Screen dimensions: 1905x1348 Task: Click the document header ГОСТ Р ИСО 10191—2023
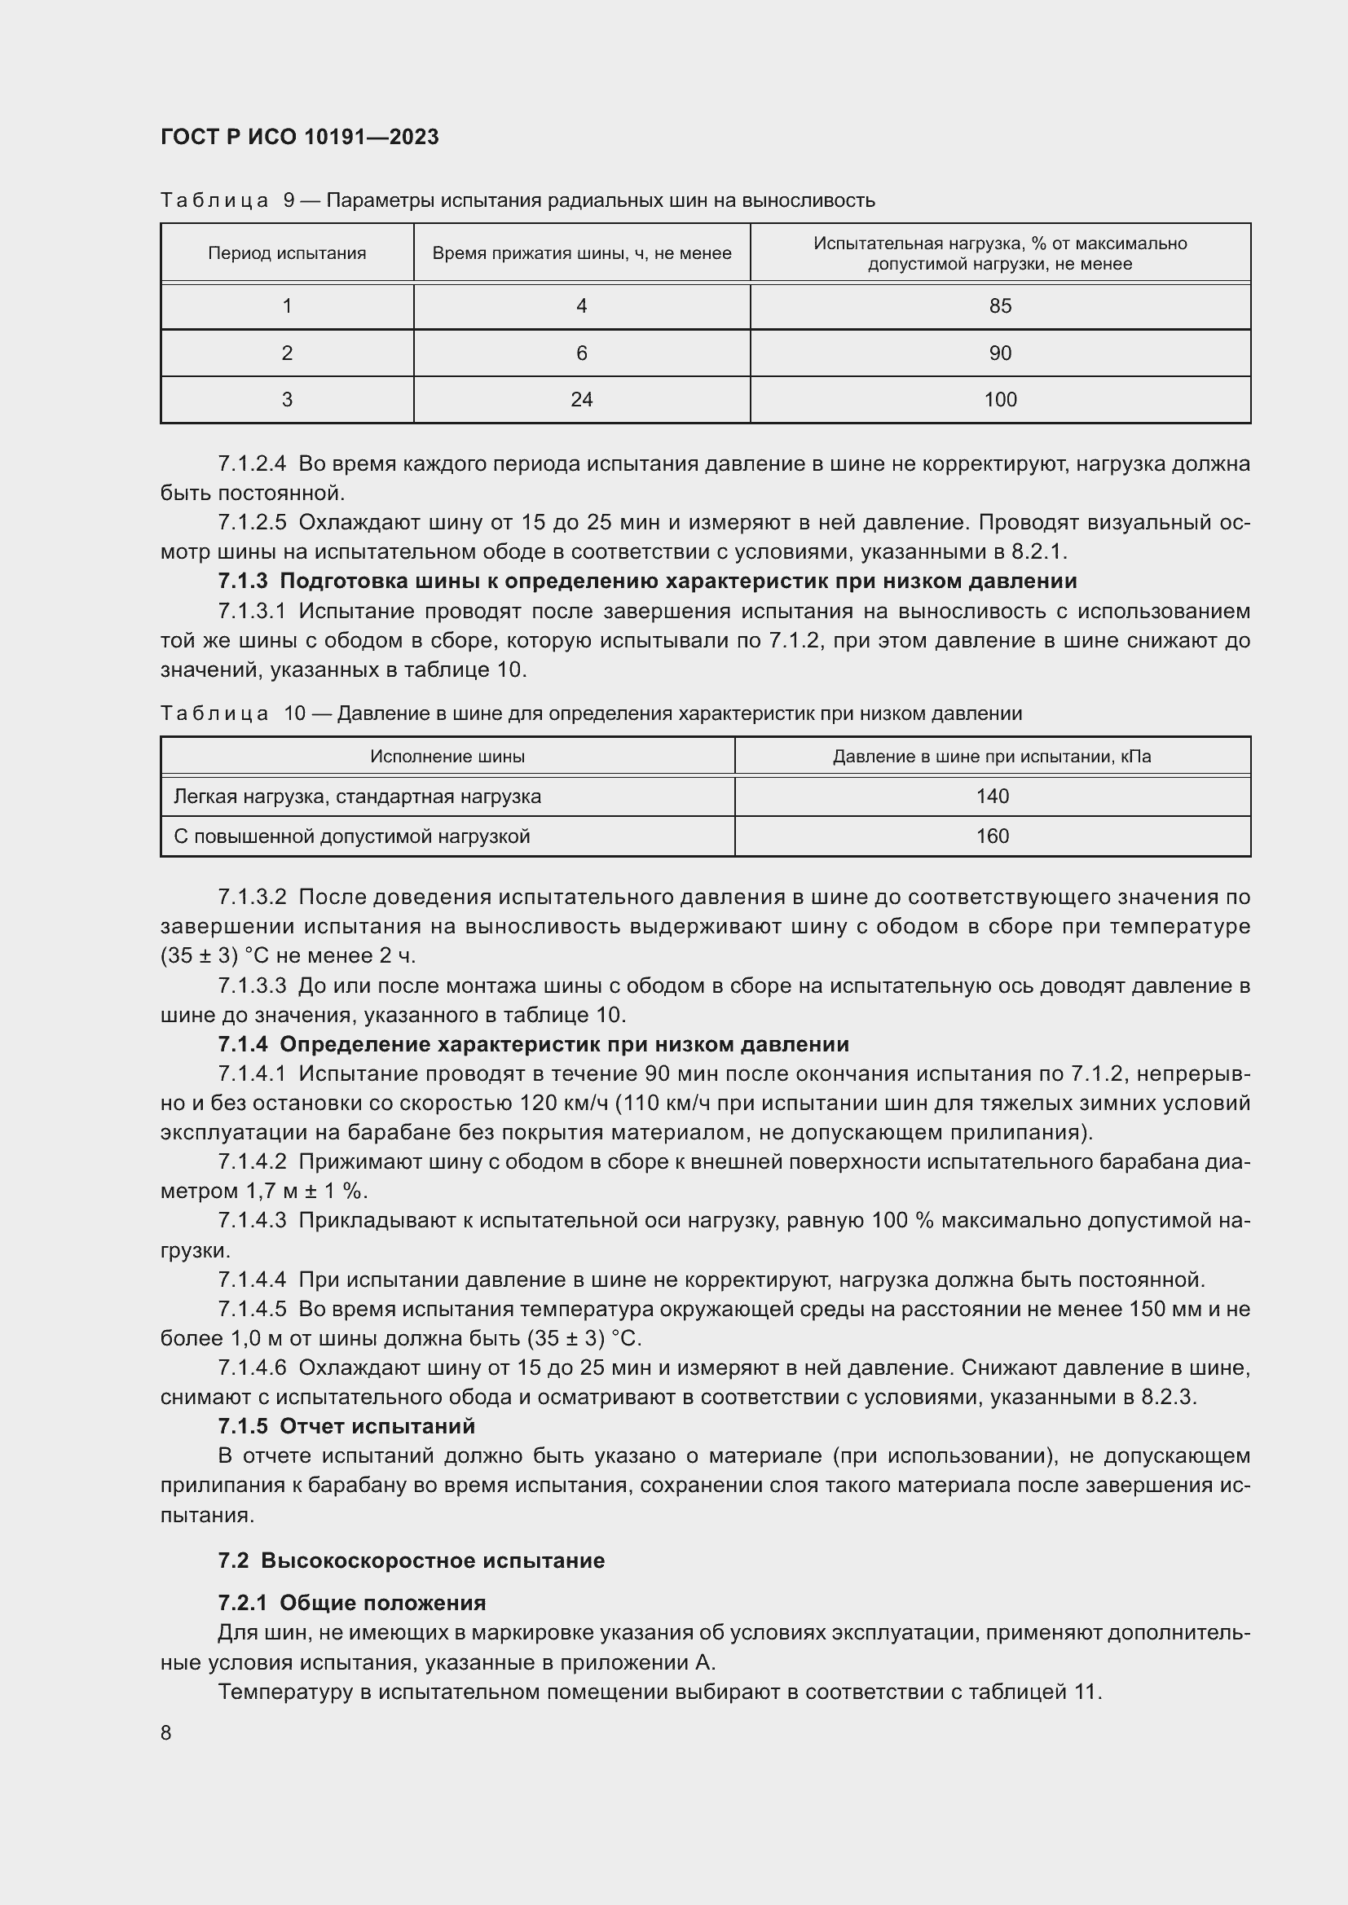click(299, 137)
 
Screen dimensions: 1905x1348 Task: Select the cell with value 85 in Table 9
click(999, 306)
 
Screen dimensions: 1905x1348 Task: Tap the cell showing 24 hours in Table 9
click(581, 400)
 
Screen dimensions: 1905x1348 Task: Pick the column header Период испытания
click(286, 253)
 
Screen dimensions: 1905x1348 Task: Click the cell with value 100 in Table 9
click(999, 400)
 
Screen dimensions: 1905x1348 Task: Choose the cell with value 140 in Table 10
click(992, 797)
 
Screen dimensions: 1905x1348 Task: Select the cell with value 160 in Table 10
click(992, 836)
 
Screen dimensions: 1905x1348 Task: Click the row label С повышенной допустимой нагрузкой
click(351, 836)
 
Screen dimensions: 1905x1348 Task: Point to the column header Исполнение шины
click(447, 757)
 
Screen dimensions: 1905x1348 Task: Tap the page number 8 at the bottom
click(166, 1732)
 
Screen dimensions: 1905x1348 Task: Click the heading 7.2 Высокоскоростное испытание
click(411, 1560)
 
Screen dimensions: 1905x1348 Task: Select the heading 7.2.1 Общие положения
click(352, 1603)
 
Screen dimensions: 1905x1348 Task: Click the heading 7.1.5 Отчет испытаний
click(346, 1426)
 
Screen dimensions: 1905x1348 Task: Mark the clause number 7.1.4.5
click(252, 1310)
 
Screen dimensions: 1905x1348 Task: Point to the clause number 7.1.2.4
click(252, 463)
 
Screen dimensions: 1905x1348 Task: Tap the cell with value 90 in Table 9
click(999, 353)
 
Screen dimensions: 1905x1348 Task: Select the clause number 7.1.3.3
click(252, 985)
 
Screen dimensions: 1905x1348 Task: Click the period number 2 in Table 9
click(286, 353)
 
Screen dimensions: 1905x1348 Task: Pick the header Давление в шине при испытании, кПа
click(992, 757)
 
